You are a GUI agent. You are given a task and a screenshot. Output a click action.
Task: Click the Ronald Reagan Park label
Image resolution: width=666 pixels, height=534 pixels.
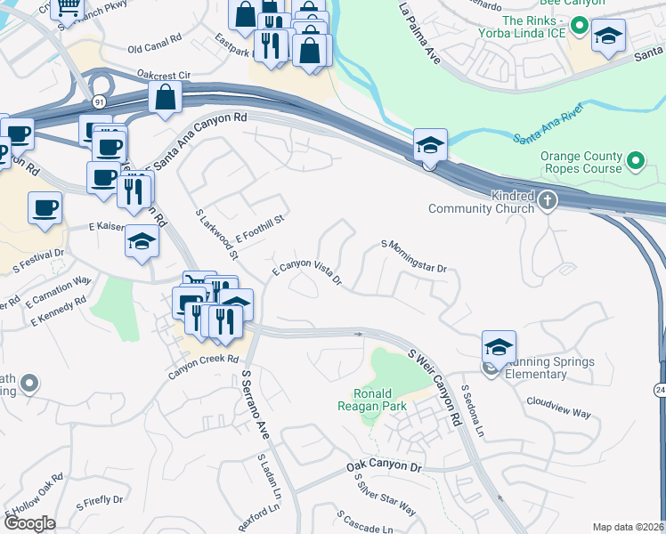pos(379,400)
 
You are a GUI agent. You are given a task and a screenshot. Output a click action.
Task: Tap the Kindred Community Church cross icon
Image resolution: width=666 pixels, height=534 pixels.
pos(548,201)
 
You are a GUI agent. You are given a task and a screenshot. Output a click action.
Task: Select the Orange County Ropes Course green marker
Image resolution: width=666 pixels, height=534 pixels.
pos(635,162)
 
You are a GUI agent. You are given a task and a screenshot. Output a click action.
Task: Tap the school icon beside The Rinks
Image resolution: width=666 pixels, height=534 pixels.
pos(609,36)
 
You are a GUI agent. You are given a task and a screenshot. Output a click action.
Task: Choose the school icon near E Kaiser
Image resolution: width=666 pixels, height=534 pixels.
pos(142,242)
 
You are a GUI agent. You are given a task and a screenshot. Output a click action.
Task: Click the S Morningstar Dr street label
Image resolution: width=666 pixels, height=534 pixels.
pos(413,255)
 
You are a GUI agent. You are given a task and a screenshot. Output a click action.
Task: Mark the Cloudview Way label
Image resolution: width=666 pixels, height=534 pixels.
pos(558,413)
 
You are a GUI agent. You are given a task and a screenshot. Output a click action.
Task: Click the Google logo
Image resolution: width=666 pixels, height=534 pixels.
pos(29,522)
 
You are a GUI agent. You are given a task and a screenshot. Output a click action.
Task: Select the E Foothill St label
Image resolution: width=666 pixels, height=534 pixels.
pos(258,229)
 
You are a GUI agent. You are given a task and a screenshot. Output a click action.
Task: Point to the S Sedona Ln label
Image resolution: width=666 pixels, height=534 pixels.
pos(472,412)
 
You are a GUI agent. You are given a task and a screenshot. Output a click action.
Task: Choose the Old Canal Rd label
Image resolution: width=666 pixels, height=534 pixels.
pos(156,47)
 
